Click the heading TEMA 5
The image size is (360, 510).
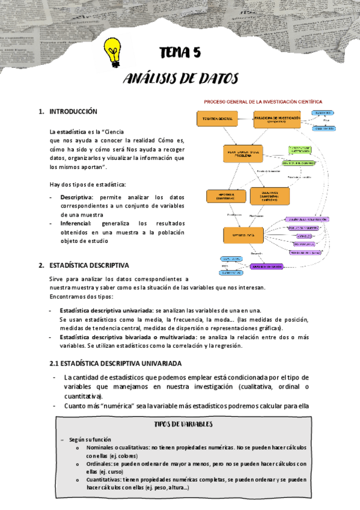[179, 53]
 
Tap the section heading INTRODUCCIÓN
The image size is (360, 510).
[73, 112]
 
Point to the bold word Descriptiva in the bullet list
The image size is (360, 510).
[76, 197]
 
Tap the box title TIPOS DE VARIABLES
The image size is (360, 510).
[183, 424]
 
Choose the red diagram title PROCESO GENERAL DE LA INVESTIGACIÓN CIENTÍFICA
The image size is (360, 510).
[263, 102]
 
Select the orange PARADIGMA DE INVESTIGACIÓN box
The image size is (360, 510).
[277, 119]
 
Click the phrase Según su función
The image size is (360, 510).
[90, 440]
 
